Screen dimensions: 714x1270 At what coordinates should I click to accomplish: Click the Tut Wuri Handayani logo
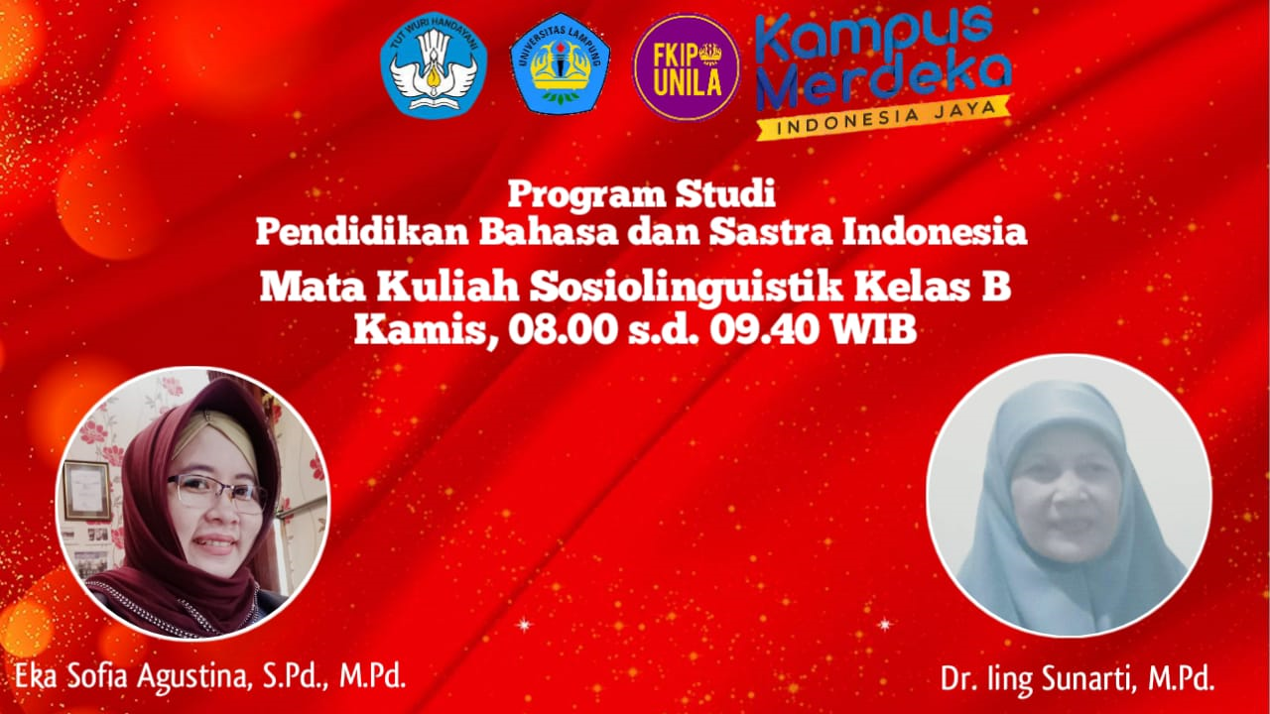(x=434, y=65)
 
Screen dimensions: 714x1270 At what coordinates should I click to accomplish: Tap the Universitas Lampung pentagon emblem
(x=560, y=66)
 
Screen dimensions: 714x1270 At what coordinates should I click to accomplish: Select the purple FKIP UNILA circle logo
(x=687, y=66)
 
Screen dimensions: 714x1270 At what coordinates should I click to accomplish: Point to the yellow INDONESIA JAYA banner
(x=883, y=117)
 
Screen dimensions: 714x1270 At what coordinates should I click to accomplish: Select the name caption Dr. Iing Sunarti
(x=1077, y=679)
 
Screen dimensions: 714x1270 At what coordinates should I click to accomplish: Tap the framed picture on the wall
(x=86, y=490)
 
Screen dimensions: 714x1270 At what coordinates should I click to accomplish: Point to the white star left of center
(x=524, y=624)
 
